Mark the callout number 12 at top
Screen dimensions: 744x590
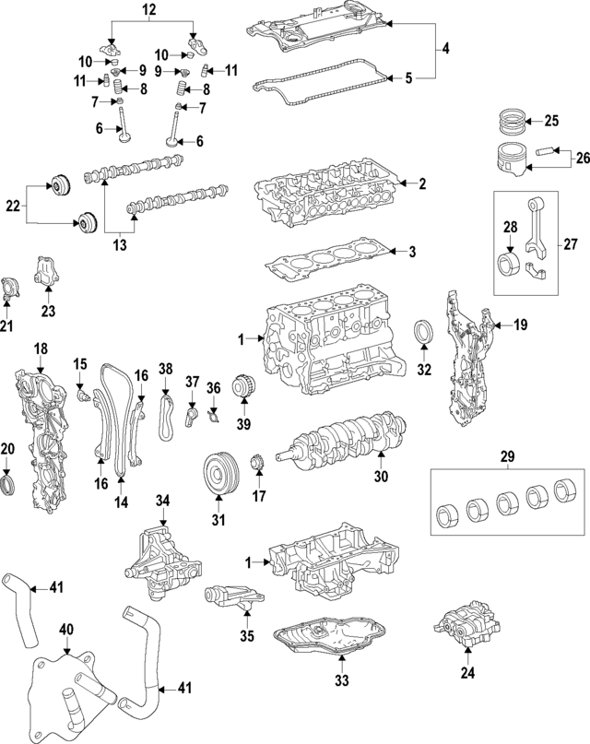[149, 9]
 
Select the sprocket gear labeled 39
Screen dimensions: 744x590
[244, 385]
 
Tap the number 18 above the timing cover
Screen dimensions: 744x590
[41, 348]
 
